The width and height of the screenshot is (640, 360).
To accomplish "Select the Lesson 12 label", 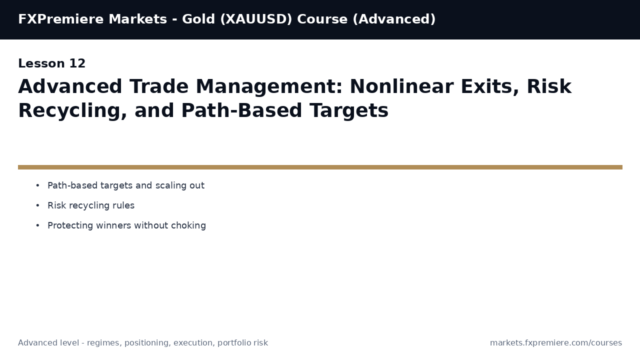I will (x=52, y=64).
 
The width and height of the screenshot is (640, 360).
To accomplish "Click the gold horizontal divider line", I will (x=320, y=167).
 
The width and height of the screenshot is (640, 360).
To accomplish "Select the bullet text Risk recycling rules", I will (x=91, y=205).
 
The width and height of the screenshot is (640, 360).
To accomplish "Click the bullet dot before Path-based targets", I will (x=37, y=185).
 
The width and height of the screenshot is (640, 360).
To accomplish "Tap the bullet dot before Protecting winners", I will (x=37, y=225).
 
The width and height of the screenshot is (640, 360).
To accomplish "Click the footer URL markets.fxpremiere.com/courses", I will (x=556, y=343).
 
